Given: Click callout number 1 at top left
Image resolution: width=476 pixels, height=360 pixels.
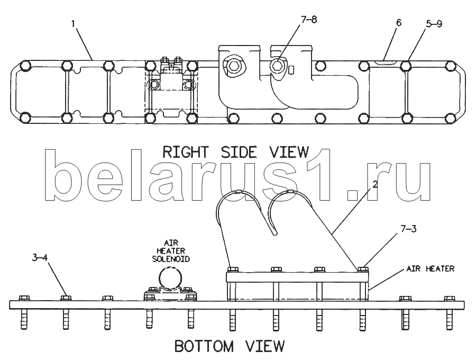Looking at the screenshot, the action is pyautogui.click(x=73, y=24).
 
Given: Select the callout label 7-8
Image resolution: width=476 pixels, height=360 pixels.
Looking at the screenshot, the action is pyautogui.click(x=309, y=20).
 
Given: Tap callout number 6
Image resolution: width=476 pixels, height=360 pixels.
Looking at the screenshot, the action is pyautogui.click(x=399, y=23).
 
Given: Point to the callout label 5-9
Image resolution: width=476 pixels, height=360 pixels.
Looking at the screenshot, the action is pyautogui.click(x=434, y=24).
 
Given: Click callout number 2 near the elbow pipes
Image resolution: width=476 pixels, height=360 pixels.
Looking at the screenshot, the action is pyautogui.click(x=375, y=184).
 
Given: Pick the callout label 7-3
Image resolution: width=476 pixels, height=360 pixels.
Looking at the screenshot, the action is pyautogui.click(x=408, y=229).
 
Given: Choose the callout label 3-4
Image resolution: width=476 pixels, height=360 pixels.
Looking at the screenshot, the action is pyautogui.click(x=40, y=258).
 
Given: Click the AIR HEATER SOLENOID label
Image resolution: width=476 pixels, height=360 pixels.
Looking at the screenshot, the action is pyautogui.click(x=171, y=251).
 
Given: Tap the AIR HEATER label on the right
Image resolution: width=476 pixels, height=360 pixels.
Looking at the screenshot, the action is pyautogui.click(x=431, y=268).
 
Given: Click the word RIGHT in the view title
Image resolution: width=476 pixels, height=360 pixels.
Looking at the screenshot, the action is pyautogui.click(x=186, y=152).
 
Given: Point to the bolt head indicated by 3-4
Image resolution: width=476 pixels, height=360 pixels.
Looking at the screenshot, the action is pyautogui.click(x=66, y=298).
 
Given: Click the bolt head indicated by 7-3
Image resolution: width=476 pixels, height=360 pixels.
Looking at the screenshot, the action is pyautogui.click(x=363, y=269).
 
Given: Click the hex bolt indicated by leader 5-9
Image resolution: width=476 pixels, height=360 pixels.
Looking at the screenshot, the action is pyautogui.click(x=406, y=66).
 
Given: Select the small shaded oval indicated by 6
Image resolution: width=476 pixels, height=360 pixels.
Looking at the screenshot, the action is pyautogui.click(x=386, y=62).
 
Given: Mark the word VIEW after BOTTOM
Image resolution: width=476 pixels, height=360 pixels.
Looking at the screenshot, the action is pyautogui.click(x=265, y=346).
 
